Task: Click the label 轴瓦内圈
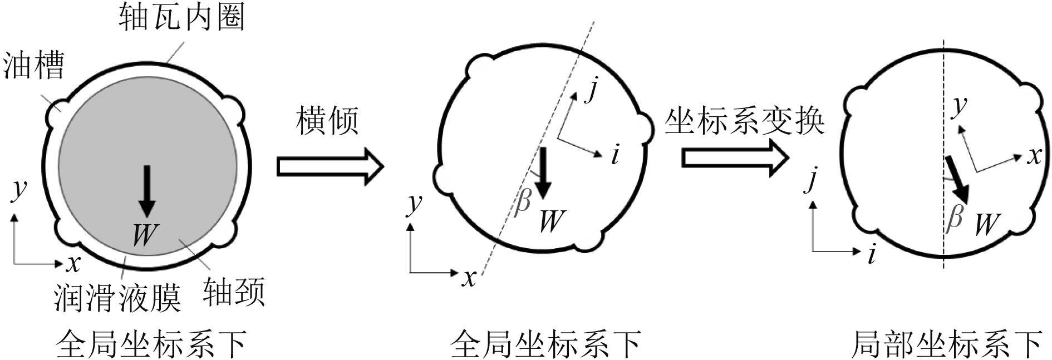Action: click(x=181, y=18)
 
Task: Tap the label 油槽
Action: click(x=33, y=65)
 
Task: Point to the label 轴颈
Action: click(x=233, y=292)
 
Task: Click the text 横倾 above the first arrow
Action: click(x=327, y=121)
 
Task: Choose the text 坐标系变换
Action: click(x=744, y=121)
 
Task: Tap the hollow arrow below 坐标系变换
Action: click(x=735, y=158)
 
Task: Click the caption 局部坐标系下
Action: click(x=947, y=344)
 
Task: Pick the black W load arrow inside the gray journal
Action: click(x=147, y=191)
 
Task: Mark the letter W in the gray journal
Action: click(x=145, y=234)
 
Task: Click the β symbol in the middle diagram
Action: click(x=523, y=201)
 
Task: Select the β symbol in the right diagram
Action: click(x=954, y=217)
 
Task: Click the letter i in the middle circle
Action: click(x=615, y=155)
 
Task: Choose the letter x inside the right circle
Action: click(x=1034, y=156)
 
